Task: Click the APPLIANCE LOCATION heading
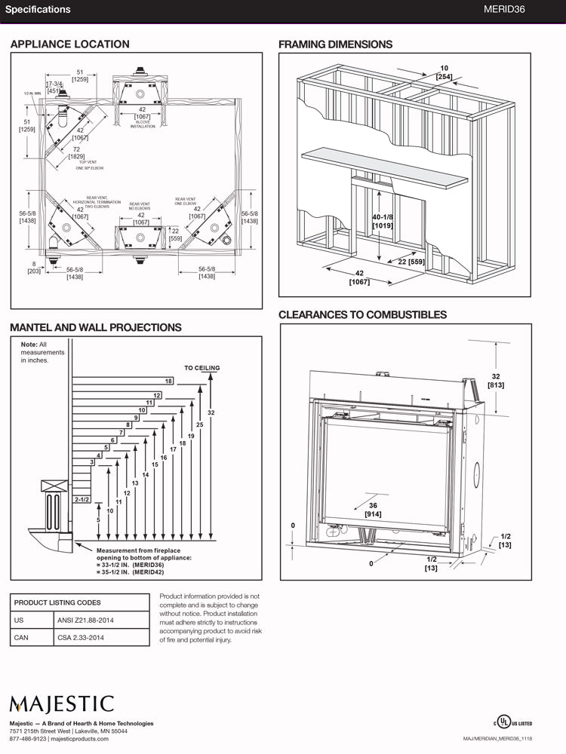(69, 44)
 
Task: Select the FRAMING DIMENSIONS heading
(335, 44)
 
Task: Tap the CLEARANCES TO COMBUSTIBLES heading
(362, 314)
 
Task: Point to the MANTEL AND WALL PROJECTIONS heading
(95, 327)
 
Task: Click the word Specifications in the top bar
(38, 10)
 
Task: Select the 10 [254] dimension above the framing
(444, 72)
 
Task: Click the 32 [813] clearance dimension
(496, 380)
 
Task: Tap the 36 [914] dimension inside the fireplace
(374, 509)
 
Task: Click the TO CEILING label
(202, 368)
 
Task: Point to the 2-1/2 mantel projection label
(82, 500)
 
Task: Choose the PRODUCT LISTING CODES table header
(57, 602)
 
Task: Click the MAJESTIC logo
(62, 705)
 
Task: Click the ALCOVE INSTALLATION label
(142, 124)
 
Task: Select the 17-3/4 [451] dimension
(54, 87)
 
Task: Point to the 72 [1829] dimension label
(77, 153)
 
